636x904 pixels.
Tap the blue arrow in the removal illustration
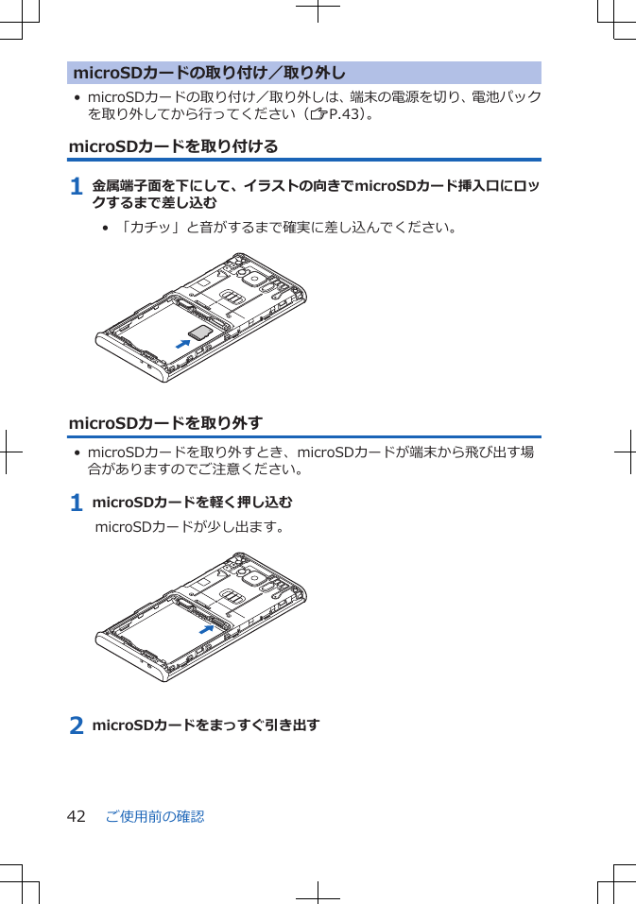pyautogui.click(x=207, y=628)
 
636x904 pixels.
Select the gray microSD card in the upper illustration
pyautogui.click(x=199, y=331)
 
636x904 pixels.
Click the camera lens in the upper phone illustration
pyautogui.click(x=250, y=278)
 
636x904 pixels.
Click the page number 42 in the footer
pyautogui.click(x=77, y=816)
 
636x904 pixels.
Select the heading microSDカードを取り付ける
pyautogui.click(x=174, y=146)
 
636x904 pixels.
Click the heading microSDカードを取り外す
pyautogui.click(x=166, y=422)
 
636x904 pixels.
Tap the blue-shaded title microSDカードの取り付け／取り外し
pyautogui.click(x=209, y=73)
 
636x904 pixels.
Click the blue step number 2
pyautogui.click(x=77, y=726)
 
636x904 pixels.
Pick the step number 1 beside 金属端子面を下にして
pyautogui.click(x=77, y=187)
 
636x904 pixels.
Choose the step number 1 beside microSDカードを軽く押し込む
pyautogui.click(x=77, y=503)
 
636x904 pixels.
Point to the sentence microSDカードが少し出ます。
pyautogui.click(x=190, y=525)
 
